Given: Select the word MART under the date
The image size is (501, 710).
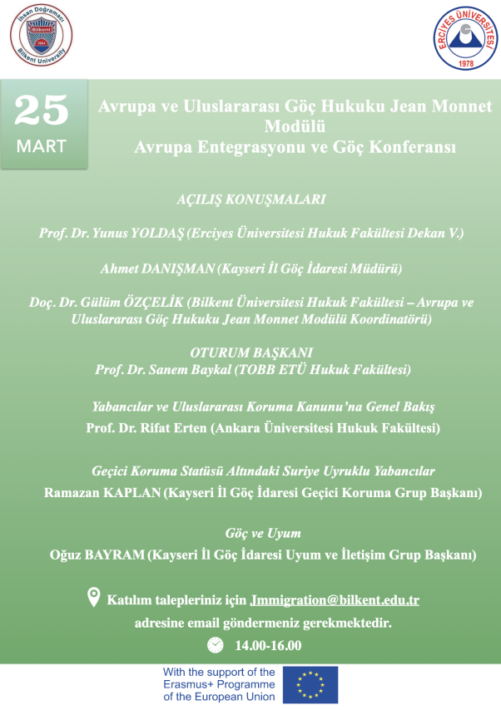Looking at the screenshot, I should coord(42,146).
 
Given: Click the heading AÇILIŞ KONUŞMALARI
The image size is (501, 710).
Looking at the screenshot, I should coord(250,200).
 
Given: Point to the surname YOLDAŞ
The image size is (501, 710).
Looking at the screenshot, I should coord(161,234).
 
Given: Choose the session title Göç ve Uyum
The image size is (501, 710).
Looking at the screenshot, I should coord(263,533).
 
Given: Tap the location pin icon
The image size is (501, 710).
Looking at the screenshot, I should coord(95,596).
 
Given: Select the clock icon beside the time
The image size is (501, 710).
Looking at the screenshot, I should coord(215,644).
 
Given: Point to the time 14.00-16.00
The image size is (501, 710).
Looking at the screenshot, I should coord(268,645).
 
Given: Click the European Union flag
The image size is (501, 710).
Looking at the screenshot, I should coord(310,685).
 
